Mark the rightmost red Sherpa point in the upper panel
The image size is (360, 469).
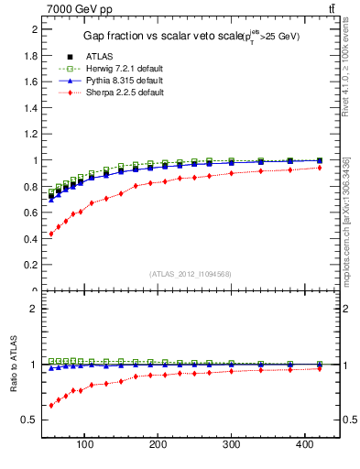319,168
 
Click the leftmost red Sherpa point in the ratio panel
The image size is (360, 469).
51,405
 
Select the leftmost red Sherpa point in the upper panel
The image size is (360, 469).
51,234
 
